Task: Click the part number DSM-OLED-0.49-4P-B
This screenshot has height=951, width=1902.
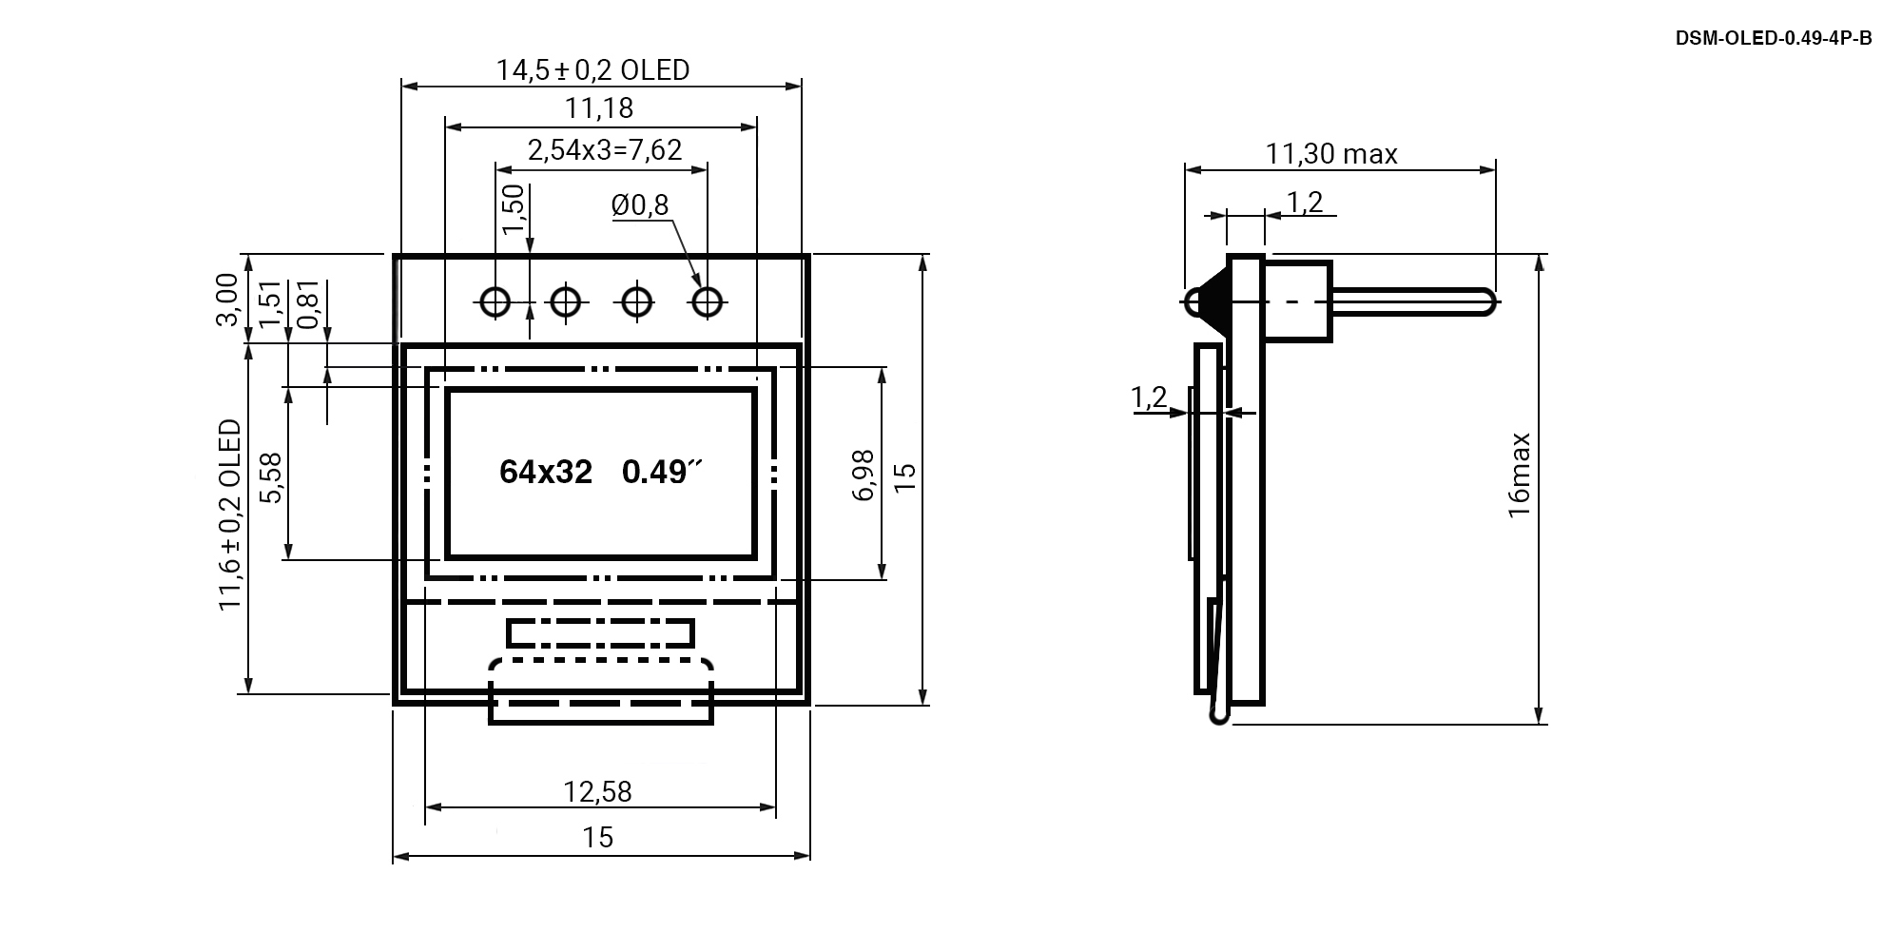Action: (x=1773, y=39)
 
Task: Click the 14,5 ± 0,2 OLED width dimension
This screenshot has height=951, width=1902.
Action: (x=592, y=70)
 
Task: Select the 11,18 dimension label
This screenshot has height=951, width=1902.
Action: (x=599, y=108)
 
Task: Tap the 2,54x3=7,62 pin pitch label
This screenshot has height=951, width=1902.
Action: (x=605, y=150)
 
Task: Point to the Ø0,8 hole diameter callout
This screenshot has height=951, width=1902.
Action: (x=640, y=204)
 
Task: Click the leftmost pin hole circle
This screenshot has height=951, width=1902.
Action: (x=495, y=302)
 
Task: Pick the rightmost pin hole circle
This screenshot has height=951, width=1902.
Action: (x=707, y=302)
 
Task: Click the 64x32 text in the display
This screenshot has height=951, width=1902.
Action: (x=546, y=473)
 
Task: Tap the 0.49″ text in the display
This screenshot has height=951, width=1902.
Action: (x=661, y=473)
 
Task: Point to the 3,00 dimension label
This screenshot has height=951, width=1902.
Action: (x=226, y=300)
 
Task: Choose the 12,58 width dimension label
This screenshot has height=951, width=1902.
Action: (x=597, y=791)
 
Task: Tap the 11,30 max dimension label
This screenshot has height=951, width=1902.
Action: (x=1330, y=154)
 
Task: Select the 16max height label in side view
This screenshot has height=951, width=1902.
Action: (x=1519, y=475)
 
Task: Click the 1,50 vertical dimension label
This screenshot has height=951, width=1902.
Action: (x=513, y=208)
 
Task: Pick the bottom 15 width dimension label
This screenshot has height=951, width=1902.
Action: (x=598, y=838)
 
